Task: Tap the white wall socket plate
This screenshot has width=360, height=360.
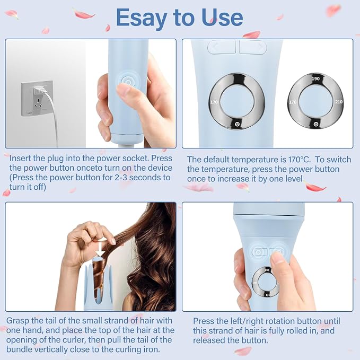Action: [37, 98]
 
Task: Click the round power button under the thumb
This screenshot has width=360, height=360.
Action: [128, 82]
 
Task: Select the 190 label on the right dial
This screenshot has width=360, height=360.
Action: [315, 78]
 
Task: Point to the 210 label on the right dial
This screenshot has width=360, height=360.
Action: [339, 102]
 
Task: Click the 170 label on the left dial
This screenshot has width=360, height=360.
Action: [214, 102]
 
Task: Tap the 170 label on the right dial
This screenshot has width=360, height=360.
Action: [293, 102]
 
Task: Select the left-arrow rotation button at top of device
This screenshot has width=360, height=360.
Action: [222, 47]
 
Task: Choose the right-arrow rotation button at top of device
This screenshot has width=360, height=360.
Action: [253, 47]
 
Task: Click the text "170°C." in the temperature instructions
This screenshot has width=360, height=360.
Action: [300, 160]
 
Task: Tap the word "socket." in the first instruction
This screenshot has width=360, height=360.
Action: [135, 158]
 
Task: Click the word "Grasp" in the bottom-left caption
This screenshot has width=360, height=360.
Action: [17, 321]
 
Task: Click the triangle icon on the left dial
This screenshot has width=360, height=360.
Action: [237, 124]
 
